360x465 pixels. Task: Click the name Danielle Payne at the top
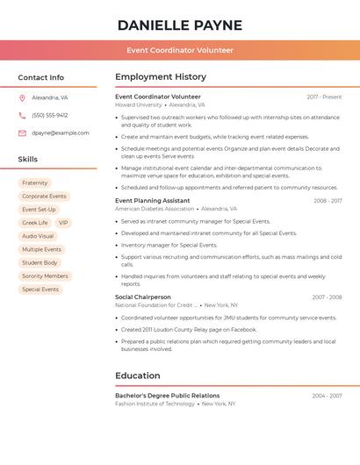click(x=180, y=25)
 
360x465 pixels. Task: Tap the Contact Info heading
click(x=40, y=77)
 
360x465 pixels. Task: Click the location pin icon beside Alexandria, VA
click(x=22, y=98)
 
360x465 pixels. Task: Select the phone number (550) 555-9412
click(x=49, y=115)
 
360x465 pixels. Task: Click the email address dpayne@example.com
click(x=61, y=132)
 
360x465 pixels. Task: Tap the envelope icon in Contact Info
click(x=22, y=133)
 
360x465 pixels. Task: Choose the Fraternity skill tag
click(x=35, y=183)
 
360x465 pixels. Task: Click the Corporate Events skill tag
click(x=44, y=197)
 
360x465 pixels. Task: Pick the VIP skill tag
click(x=63, y=223)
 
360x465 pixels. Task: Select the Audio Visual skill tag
click(x=38, y=236)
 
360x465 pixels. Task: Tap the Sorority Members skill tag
click(x=45, y=276)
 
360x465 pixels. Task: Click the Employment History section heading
click(x=161, y=77)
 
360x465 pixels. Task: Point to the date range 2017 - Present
click(x=324, y=97)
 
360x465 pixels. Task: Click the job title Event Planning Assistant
click(x=153, y=201)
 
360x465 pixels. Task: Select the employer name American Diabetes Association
click(x=155, y=209)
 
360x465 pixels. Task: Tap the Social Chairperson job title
click(x=143, y=297)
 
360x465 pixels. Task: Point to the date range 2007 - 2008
click(x=327, y=297)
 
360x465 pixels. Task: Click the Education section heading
click(x=138, y=376)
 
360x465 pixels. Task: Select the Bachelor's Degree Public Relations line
click(x=167, y=396)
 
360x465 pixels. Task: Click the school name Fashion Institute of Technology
click(x=155, y=404)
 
